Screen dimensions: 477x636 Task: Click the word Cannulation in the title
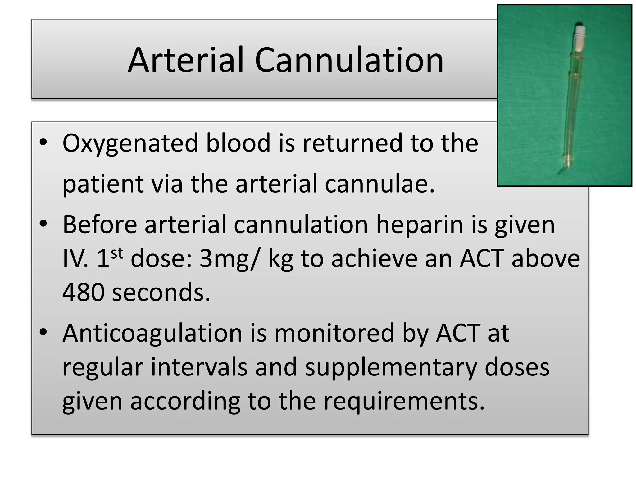(x=349, y=60)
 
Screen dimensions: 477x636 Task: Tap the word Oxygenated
(x=130, y=143)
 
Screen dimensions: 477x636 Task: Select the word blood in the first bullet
(x=238, y=143)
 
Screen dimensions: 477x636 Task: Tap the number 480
(x=83, y=293)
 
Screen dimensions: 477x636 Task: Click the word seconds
(x=161, y=293)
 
